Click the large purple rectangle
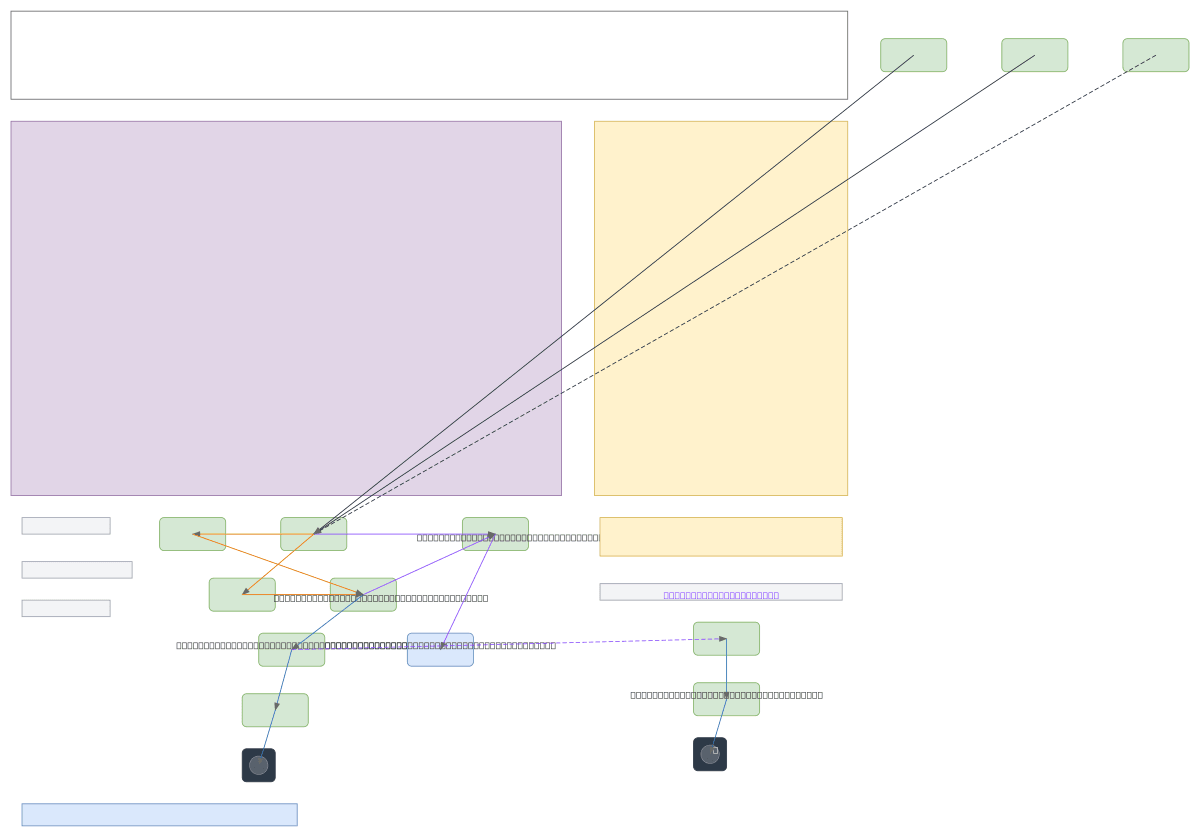(x=286, y=308)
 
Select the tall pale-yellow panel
(x=720, y=308)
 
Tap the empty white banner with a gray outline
(x=429, y=55)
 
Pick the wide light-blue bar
(x=159, y=815)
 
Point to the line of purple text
(x=720, y=595)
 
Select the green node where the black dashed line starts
(x=1155, y=55)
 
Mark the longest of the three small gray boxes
(x=77, y=570)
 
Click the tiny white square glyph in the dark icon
(x=715, y=750)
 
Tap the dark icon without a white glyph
(x=258, y=765)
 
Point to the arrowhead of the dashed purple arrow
(x=722, y=639)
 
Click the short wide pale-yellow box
(x=720, y=537)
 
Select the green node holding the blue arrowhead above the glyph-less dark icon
(x=275, y=710)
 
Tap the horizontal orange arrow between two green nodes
(x=254, y=534)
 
